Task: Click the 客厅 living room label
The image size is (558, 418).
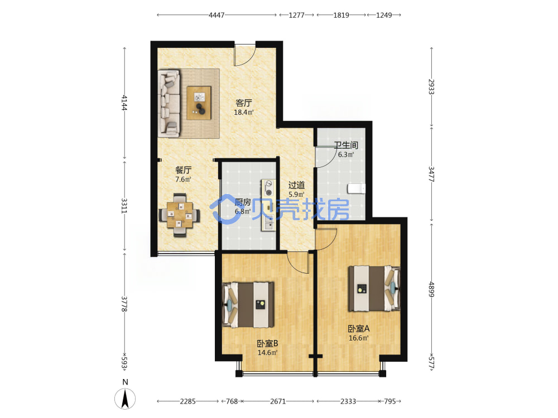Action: coord(244,103)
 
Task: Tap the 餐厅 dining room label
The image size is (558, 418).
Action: coord(183,170)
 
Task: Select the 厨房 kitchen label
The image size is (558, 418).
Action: coord(243,202)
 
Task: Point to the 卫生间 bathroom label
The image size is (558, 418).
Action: coord(346,145)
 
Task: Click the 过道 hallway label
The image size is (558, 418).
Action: coord(296,185)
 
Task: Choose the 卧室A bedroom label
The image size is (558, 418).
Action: coord(359,329)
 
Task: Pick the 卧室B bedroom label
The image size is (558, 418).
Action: coord(268,344)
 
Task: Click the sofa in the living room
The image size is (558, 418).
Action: coord(169,103)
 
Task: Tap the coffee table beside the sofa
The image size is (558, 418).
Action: coord(199,103)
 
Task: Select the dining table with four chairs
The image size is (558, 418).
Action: coord(179,215)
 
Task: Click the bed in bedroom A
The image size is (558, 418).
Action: coord(374,288)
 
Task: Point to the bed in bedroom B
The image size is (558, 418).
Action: coord(248,305)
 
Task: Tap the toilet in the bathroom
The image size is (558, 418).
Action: coord(356,189)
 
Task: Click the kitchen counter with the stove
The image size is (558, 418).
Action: coord(269,205)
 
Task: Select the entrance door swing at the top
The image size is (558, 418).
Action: coord(244,55)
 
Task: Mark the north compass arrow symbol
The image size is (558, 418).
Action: coord(125,398)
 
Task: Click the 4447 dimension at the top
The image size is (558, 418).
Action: coord(217,15)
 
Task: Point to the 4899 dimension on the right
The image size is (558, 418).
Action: coord(431,289)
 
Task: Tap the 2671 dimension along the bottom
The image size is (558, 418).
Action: coord(278,401)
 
